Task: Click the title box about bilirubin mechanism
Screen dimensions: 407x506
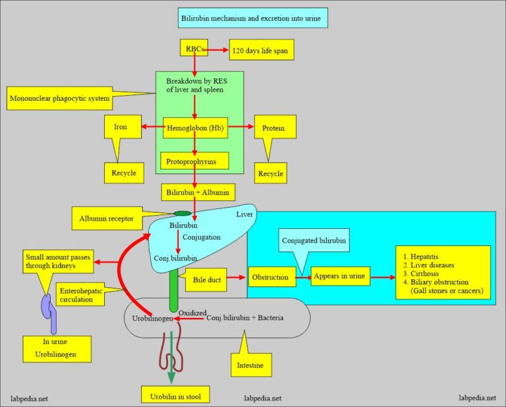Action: (x=253, y=18)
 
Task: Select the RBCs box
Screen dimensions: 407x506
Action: (x=194, y=48)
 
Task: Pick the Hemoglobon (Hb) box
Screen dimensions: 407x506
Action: (x=195, y=127)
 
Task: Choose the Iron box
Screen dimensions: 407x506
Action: (x=121, y=127)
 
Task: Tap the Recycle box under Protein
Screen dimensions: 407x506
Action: (x=270, y=173)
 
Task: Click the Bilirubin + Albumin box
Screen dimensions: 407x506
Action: (x=195, y=192)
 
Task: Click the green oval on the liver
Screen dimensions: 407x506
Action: (x=183, y=214)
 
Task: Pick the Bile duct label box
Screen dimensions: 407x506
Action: (x=205, y=279)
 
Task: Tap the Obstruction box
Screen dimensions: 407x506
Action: (x=269, y=277)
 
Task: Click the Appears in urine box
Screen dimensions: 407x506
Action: (x=341, y=277)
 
